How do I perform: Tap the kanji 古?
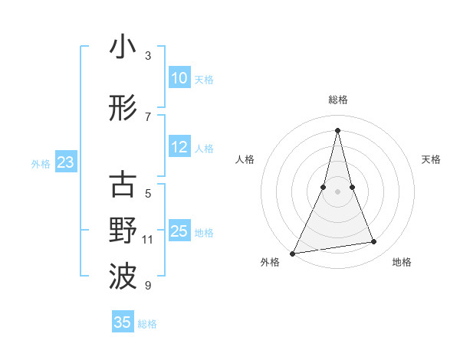click(x=123, y=186)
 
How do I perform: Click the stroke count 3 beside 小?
click(x=148, y=55)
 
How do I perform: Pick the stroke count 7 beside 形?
click(x=148, y=116)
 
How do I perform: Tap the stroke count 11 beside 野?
click(x=148, y=240)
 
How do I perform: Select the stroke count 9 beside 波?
click(x=148, y=286)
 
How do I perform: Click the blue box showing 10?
click(x=179, y=78)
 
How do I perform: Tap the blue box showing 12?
click(x=179, y=148)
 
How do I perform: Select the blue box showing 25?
click(x=179, y=231)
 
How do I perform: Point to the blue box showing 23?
click(x=65, y=162)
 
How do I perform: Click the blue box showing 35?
click(x=123, y=322)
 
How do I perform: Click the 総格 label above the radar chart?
click(x=337, y=100)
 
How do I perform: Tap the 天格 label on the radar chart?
click(x=431, y=159)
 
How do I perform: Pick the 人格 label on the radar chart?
click(x=245, y=159)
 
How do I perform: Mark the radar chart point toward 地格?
click(x=373, y=242)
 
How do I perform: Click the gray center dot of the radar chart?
click(x=337, y=191)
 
